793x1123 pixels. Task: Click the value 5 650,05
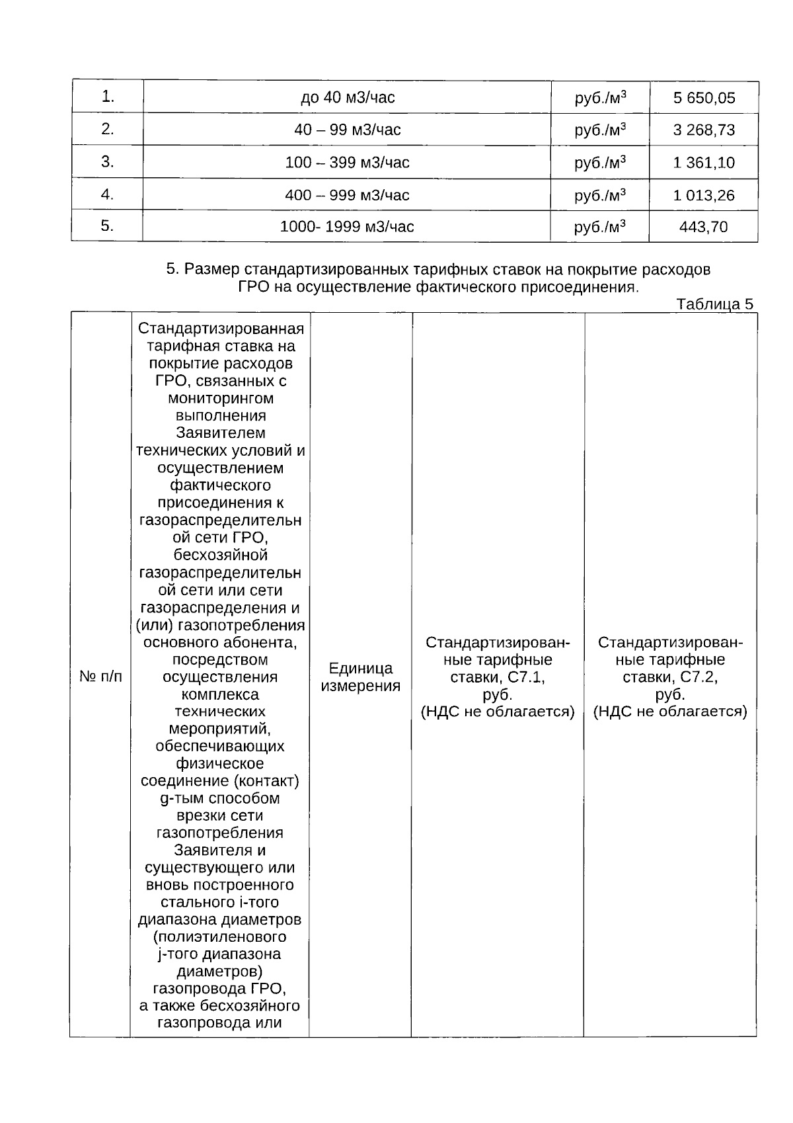coord(704,98)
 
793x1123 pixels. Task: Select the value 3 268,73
coord(704,130)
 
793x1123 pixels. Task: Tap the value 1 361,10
coord(704,163)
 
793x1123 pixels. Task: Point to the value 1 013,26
coord(704,195)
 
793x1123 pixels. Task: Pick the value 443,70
coord(704,227)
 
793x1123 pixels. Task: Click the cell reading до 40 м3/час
coord(348,98)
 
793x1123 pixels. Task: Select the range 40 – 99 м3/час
coord(348,130)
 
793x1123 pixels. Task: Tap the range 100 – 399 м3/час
coord(348,163)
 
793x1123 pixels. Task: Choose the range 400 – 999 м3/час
coord(348,195)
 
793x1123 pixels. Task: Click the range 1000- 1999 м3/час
coord(348,227)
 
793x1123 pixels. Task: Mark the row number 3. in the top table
coord(107,161)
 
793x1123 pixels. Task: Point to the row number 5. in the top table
coord(107,226)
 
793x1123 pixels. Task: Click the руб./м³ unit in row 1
coord(600,98)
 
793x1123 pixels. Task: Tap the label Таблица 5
coord(714,304)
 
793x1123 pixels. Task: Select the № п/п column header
coord(100,677)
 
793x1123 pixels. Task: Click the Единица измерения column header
coord(360,677)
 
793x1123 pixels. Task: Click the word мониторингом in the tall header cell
coord(220,398)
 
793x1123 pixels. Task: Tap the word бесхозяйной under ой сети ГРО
coord(220,554)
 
